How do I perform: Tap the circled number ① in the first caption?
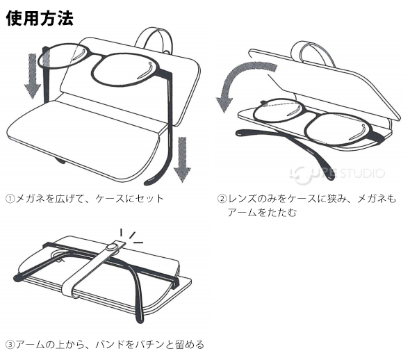[10, 199]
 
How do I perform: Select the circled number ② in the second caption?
[221, 199]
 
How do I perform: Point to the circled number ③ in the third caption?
[10, 344]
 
